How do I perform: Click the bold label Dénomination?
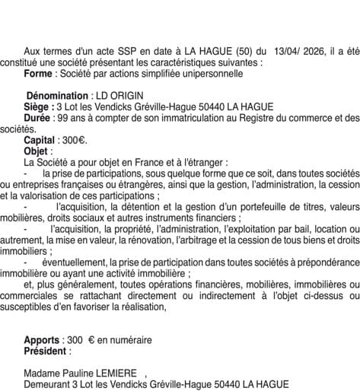(58, 96)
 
